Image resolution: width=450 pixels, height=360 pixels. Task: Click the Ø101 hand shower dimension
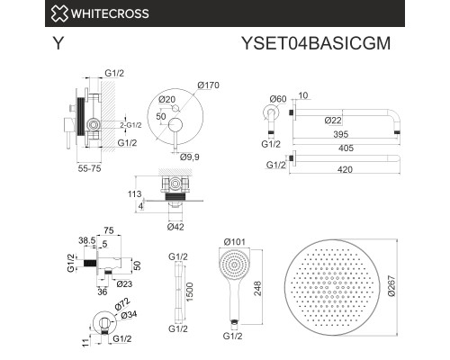(235, 240)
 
